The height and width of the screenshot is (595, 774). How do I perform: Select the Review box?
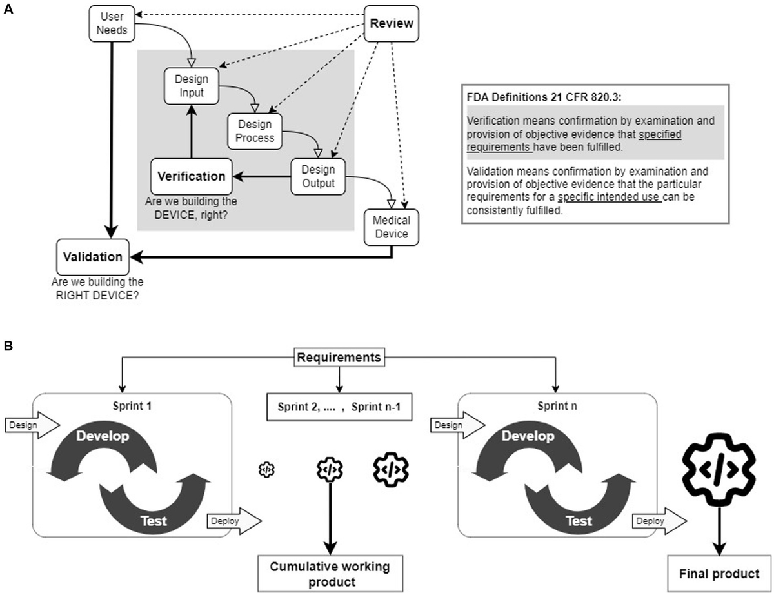click(391, 24)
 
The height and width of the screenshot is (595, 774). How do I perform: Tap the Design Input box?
click(192, 86)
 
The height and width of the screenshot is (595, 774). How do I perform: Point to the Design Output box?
click(319, 176)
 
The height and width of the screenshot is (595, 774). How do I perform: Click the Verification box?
click(191, 176)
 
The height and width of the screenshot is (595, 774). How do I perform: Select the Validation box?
click(92, 256)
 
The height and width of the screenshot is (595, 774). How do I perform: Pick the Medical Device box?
click(391, 227)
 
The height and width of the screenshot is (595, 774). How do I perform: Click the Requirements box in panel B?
click(339, 357)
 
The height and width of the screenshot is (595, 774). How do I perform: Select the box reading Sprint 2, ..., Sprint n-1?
click(338, 408)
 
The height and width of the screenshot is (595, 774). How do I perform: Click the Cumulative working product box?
click(330, 573)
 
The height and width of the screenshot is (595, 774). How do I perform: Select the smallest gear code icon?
click(266, 470)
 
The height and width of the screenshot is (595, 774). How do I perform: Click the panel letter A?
click(8, 10)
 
